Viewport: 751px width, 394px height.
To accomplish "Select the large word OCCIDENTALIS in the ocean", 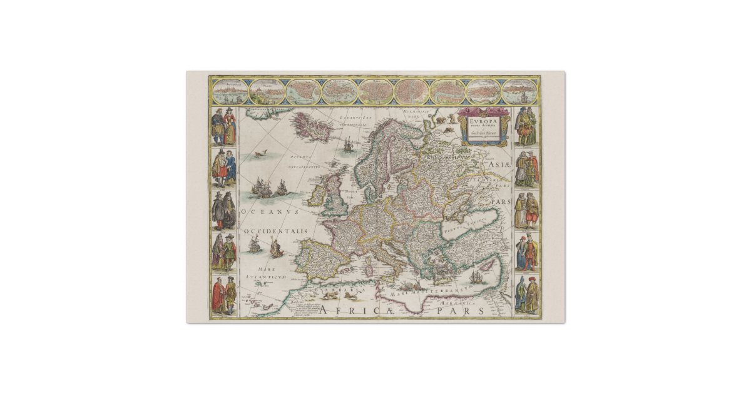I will [276, 231].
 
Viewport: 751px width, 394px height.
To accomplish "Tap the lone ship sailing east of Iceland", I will [349, 145].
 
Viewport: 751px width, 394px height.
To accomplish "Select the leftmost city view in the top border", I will [229, 91].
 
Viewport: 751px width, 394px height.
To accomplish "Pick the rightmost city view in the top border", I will [520, 91].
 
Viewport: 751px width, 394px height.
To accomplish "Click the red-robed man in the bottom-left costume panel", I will [218, 295].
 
